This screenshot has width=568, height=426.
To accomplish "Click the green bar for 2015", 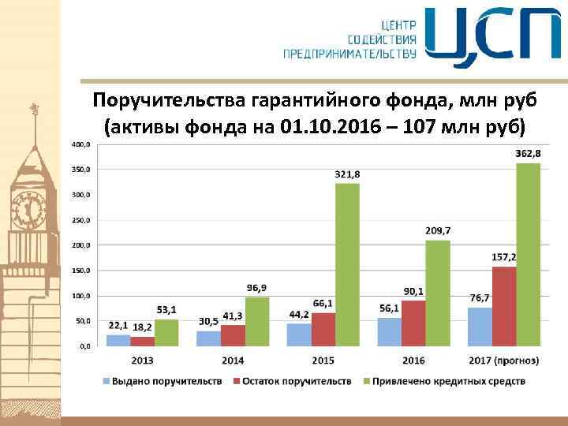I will tap(347, 264).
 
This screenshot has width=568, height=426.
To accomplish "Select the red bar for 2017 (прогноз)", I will tap(504, 306).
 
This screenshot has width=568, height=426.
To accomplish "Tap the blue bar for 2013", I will tap(118, 340).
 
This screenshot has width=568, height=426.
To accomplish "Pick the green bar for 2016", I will tap(437, 293).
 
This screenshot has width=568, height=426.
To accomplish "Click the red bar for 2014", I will tap(233, 335).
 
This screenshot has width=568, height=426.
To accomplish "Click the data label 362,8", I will tap(527, 153).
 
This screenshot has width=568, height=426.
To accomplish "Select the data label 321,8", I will tap(347, 174).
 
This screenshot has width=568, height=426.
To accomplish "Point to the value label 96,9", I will tap(257, 287).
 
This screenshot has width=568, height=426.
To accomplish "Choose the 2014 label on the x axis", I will tap(233, 361).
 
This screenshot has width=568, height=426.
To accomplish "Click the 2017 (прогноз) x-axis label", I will tap(504, 361).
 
